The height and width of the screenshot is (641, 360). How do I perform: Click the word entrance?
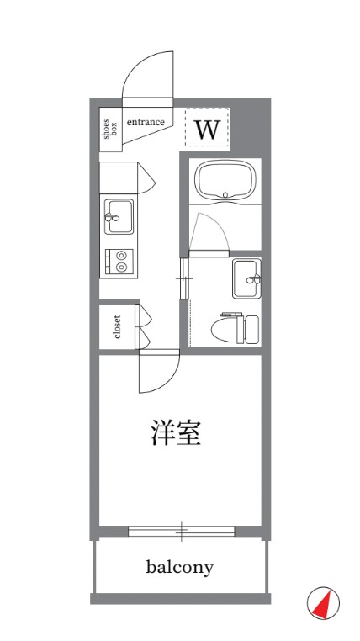click(146, 123)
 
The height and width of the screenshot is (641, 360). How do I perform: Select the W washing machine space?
click(207, 129)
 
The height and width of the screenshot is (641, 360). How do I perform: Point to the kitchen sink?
click(119, 218)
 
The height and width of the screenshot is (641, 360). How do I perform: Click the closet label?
click(117, 330)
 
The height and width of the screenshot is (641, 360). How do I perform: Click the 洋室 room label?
click(175, 434)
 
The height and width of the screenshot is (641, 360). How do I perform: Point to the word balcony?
click(179, 567)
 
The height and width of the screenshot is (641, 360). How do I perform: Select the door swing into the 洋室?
click(160, 376)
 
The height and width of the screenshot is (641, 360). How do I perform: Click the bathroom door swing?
click(207, 230)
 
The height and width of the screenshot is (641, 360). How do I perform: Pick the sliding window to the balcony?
click(181, 531)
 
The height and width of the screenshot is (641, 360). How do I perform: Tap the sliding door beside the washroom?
click(184, 277)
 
